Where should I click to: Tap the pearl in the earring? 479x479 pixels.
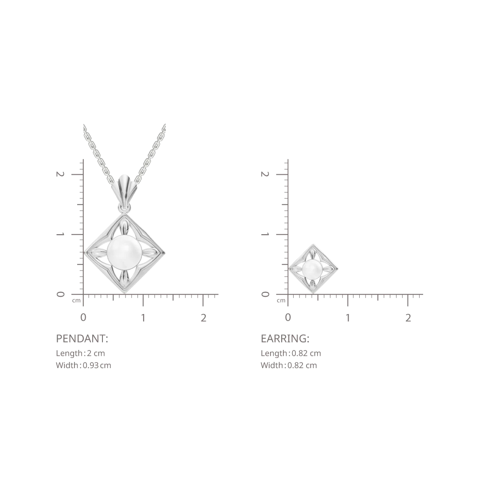click(x=312, y=269)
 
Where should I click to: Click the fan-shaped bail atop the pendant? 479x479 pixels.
click(x=124, y=189)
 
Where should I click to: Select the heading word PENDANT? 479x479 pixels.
click(x=82, y=338)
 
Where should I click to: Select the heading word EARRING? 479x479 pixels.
click(x=285, y=338)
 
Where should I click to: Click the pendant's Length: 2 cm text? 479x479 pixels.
click(x=80, y=353)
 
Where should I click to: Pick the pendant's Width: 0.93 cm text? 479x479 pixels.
click(x=83, y=365)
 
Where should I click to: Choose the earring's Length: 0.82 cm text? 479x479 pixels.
click(x=291, y=353)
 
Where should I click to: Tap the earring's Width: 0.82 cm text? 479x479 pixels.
click(x=289, y=365)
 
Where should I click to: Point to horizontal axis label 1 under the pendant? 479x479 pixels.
click(x=143, y=318)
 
